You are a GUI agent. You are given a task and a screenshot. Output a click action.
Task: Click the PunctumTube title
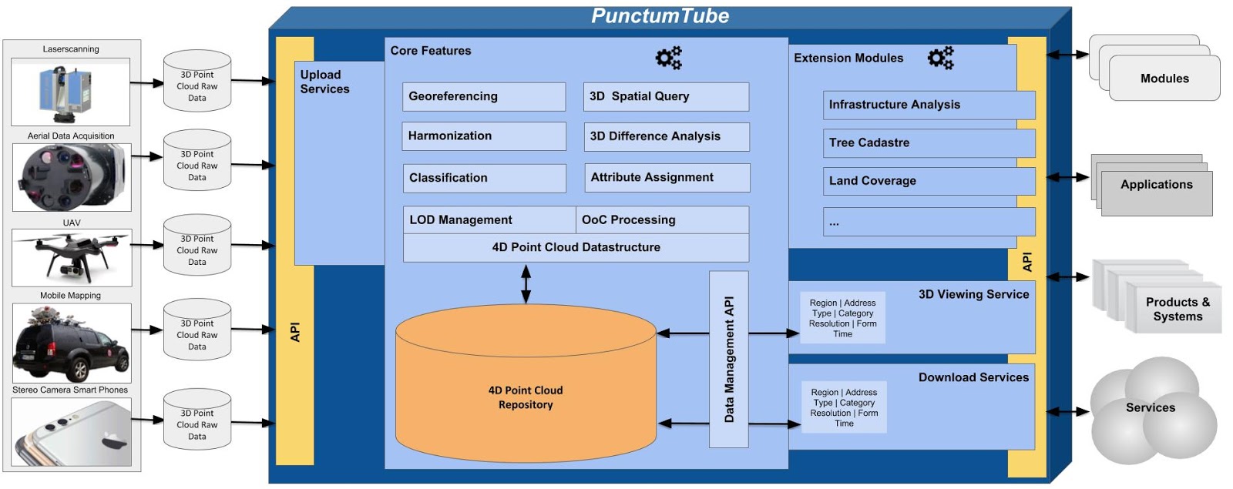point(660,16)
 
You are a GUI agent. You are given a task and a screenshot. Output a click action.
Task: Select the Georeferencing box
point(484,97)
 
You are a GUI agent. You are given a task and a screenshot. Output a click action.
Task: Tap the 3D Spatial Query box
point(666,97)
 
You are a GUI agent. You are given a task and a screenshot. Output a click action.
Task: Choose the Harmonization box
point(484,136)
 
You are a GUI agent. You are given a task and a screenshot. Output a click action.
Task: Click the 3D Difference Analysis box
point(666,136)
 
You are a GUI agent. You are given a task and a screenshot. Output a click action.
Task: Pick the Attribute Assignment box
point(667,178)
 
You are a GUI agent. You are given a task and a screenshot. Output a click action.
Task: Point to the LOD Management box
point(489,220)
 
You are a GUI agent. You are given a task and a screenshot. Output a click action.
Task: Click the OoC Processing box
point(662,220)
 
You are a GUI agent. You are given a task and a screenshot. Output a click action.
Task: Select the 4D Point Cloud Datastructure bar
point(576,248)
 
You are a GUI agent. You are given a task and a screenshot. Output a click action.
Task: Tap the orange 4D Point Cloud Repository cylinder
point(526,397)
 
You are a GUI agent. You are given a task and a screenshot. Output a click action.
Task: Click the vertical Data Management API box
point(729,359)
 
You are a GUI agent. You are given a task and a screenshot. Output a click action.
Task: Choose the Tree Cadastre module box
point(928,143)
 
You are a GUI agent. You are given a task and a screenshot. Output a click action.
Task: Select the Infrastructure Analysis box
point(928,106)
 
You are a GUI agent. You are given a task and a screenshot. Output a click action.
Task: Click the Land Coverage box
point(928,181)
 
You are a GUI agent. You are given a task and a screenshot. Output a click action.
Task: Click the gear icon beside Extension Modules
point(940,58)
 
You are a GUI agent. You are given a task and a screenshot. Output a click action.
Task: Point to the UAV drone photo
point(72,257)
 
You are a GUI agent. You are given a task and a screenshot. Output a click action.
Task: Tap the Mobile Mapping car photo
point(72,343)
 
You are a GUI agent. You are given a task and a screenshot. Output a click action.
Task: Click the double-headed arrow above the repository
point(526,283)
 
